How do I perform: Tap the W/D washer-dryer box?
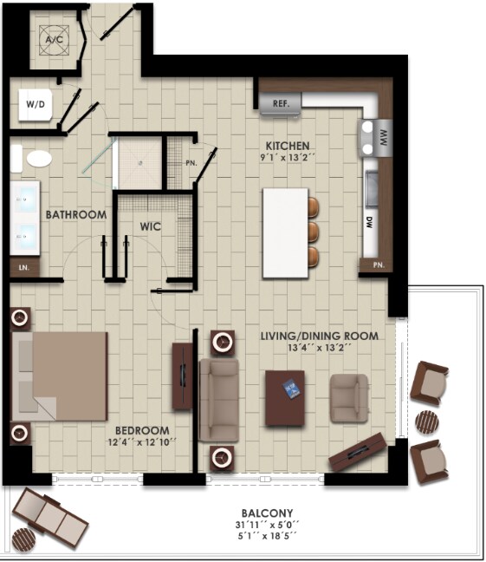coord(36,105)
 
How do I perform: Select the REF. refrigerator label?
coord(281,103)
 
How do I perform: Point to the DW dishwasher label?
coord(369,221)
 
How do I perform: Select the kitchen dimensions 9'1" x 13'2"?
coord(288,158)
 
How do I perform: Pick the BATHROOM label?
coord(76,214)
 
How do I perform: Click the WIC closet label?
coord(152,226)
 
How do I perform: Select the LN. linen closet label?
coord(23,268)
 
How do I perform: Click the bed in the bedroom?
coord(59,374)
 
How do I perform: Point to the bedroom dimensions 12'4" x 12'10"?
coord(143,442)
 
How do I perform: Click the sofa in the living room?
coord(218,400)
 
